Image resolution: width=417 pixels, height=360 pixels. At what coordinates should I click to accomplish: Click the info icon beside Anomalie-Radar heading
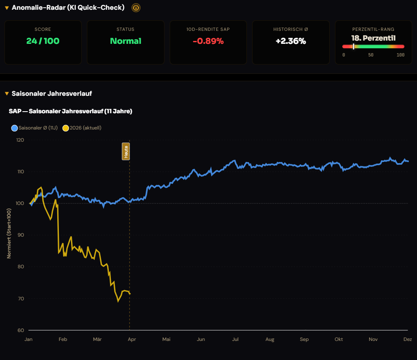(x=136, y=8)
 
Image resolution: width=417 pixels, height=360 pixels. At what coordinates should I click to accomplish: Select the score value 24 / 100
(x=43, y=41)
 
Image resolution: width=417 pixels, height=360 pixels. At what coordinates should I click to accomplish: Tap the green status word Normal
(x=125, y=41)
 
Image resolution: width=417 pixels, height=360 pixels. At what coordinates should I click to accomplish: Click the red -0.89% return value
(x=208, y=41)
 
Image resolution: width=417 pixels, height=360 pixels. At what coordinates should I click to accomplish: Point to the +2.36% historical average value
(x=291, y=41)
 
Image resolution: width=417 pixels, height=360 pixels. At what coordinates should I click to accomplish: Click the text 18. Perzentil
(x=374, y=38)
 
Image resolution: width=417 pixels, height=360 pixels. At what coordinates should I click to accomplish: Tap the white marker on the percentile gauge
(x=353, y=47)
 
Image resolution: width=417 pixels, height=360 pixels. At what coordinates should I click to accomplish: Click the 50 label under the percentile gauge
(x=371, y=55)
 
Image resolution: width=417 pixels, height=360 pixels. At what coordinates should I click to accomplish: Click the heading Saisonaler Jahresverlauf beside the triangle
(x=52, y=94)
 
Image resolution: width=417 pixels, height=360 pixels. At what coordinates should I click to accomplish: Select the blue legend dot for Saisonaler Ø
(x=15, y=128)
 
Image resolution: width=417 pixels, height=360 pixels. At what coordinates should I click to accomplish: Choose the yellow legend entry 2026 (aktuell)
(x=82, y=128)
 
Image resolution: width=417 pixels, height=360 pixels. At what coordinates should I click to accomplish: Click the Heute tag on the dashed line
(x=126, y=151)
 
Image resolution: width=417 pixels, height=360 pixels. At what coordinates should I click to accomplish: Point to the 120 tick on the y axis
(x=20, y=140)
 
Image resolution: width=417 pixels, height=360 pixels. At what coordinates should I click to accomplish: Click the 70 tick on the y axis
(x=21, y=299)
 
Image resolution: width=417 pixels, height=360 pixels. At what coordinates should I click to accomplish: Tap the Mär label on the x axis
(x=97, y=339)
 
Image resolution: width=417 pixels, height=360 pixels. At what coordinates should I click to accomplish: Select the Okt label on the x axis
(x=339, y=339)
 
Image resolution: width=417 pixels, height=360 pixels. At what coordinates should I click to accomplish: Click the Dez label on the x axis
(x=408, y=339)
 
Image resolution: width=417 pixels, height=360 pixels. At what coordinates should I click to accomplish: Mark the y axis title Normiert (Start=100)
(x=9, y=233)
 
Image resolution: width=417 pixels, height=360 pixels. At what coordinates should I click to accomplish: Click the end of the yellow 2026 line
(x=130, y=293)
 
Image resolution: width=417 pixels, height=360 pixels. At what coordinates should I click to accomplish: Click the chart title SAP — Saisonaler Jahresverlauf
(x=71, y=111)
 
